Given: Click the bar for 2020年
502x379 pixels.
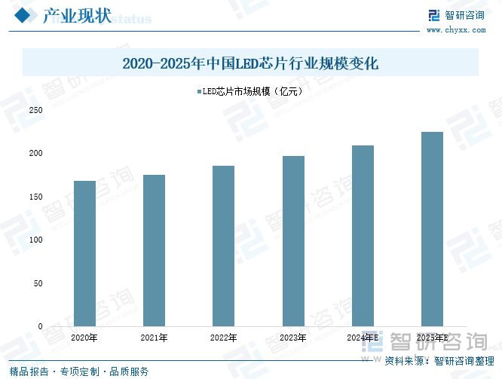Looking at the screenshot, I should (x=84, y=253).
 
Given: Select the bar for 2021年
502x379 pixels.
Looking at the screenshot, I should (x=154, y=250).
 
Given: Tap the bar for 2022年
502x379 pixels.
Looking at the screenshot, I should (x=223, y=246).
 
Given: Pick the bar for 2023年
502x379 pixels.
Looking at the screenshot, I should (x=293, y=241).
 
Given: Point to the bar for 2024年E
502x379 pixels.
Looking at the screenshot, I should (x=363, y=236).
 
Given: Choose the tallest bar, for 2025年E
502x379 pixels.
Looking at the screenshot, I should (x=432, y=229).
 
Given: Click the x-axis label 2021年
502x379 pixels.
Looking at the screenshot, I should (x=154, y=338).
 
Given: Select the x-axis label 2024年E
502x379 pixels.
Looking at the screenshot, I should (x=363, y=338).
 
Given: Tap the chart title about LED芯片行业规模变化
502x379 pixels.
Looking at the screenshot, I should (x=250, y=64).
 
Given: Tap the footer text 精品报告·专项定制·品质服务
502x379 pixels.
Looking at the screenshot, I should (x=79, y=371).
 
